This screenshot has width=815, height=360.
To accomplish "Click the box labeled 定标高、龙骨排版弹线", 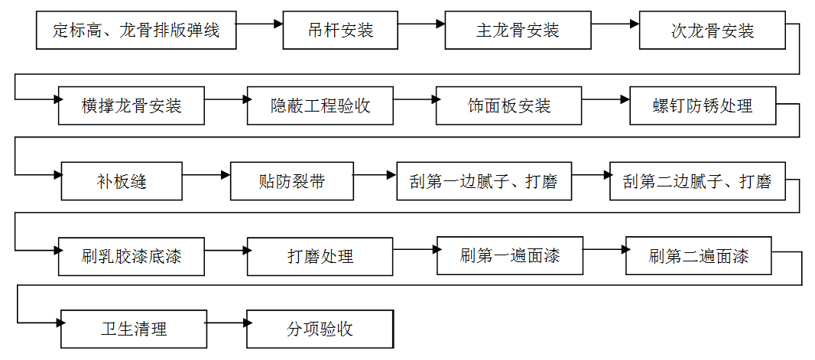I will (136, 31).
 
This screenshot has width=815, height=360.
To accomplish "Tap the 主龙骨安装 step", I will (518, 31).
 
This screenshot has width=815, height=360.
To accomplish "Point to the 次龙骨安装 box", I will (713, 31).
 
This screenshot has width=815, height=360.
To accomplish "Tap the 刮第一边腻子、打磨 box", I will (483, 182).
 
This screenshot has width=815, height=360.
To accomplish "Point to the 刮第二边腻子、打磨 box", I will (696, 182).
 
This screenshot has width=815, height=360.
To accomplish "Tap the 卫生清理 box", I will (134, 329).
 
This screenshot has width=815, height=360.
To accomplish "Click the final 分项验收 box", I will (320, 329).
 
